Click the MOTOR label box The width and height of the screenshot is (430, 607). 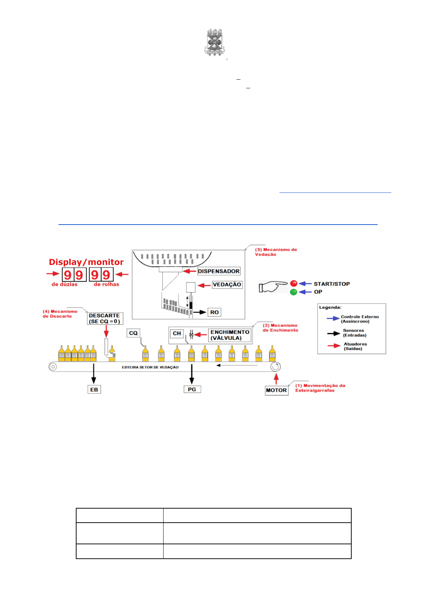(x=276, y=390)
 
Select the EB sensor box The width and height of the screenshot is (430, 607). (x=94, y=389)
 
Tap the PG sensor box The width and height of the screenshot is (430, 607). (x=192, y=389)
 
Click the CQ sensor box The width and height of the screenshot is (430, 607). (x=133, y=333)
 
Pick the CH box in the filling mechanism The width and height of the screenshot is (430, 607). (x=177, y=333)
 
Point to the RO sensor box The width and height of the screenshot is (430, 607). (x=214, y=312)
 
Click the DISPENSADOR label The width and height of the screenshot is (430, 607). (x=218, y=271)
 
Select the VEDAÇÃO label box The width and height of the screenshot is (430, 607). (x=227, y=284)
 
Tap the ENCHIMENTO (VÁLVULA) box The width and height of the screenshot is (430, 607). (x=230, y=335)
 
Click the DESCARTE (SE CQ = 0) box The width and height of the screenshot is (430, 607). (x=105, y=318)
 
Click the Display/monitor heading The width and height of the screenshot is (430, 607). (x=86, y=262)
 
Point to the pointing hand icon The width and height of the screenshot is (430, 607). (x=273, y=287)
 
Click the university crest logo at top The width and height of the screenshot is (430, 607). (x=215, y=43)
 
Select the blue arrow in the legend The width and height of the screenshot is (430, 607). (x=333, y=318)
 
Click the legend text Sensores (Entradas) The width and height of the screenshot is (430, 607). (x=354, y=333)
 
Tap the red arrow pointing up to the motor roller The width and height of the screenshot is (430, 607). (x=276, y=379)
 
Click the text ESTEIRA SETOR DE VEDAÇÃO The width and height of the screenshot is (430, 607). (x=150, y=367)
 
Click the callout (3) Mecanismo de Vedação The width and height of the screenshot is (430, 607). (x=276, y=252)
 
